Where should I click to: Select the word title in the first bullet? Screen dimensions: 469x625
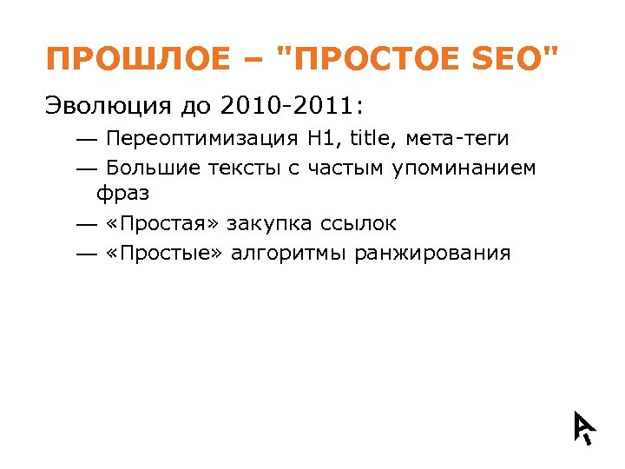point(370,139)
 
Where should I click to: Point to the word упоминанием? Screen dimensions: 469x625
point(464,168)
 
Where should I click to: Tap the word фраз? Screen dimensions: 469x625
point(123,194)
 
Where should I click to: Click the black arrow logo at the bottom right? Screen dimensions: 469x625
point(583,426)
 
